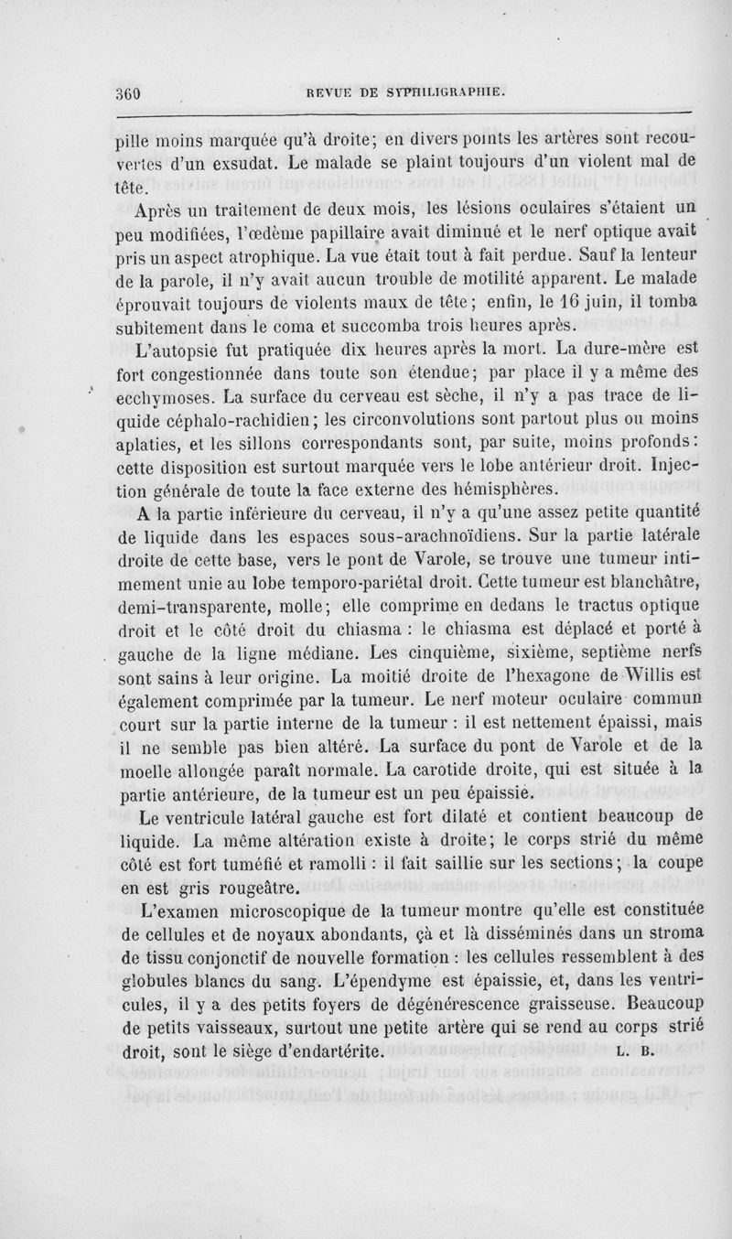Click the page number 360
(x=135, y=92)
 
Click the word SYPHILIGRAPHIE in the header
(x=443, y=92)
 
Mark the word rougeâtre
(x=232, y=887)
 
